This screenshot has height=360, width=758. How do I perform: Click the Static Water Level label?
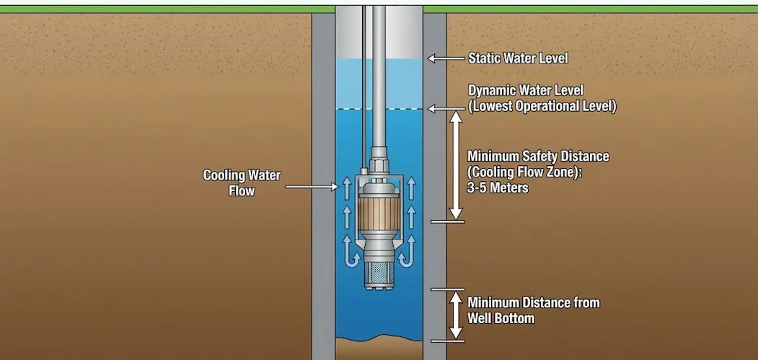[518, 58]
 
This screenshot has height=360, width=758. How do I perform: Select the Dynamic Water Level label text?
[526, 91]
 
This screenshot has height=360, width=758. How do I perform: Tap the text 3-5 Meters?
[498, 188]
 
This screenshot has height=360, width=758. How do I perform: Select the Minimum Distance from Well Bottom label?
[533, 310]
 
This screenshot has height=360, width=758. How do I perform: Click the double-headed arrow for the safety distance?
[456, 165]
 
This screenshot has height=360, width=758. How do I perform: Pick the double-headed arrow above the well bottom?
[456, 315]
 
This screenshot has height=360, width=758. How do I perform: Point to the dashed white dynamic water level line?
[361, 108]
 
